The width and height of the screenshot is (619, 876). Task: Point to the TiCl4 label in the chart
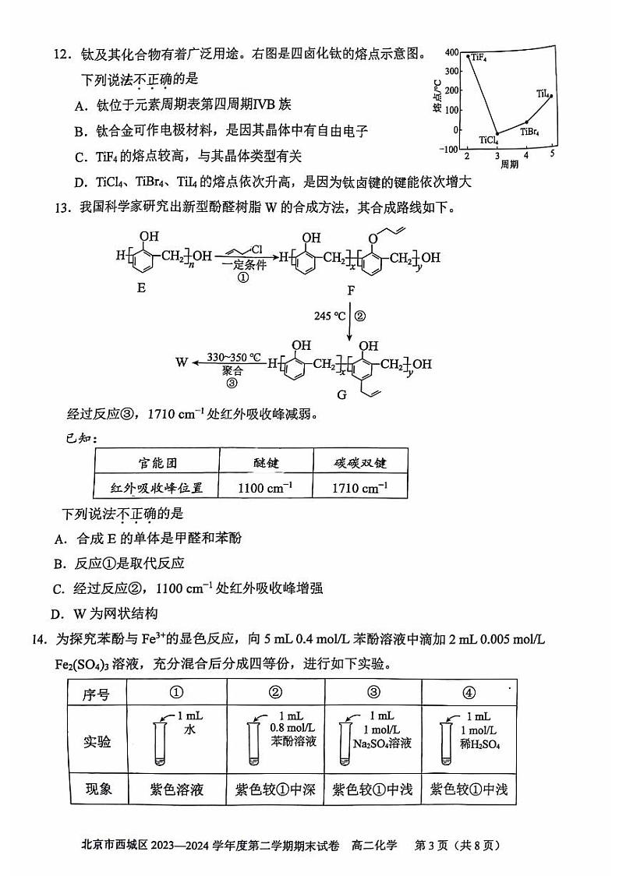pos(489,141)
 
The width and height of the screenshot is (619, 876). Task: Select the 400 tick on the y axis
pos(451,52)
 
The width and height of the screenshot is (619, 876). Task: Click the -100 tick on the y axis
pos(450,149)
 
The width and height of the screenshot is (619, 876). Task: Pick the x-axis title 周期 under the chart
pos(509,164)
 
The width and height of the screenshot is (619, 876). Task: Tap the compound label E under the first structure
pos(141,288)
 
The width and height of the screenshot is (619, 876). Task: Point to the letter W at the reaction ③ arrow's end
pos(182,362)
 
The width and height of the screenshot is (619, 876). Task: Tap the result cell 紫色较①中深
pos(275,789)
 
